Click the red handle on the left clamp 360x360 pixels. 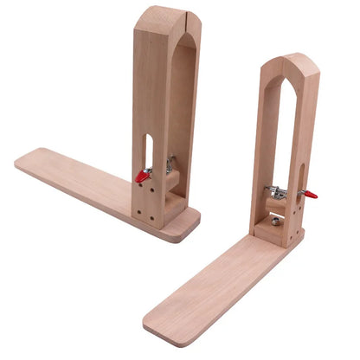click(x=142, y=177)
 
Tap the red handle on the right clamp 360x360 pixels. click(x=310, y=194)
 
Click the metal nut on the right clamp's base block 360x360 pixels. click(x=274, y=222)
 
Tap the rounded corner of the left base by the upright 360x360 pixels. click(x=192, y=232)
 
